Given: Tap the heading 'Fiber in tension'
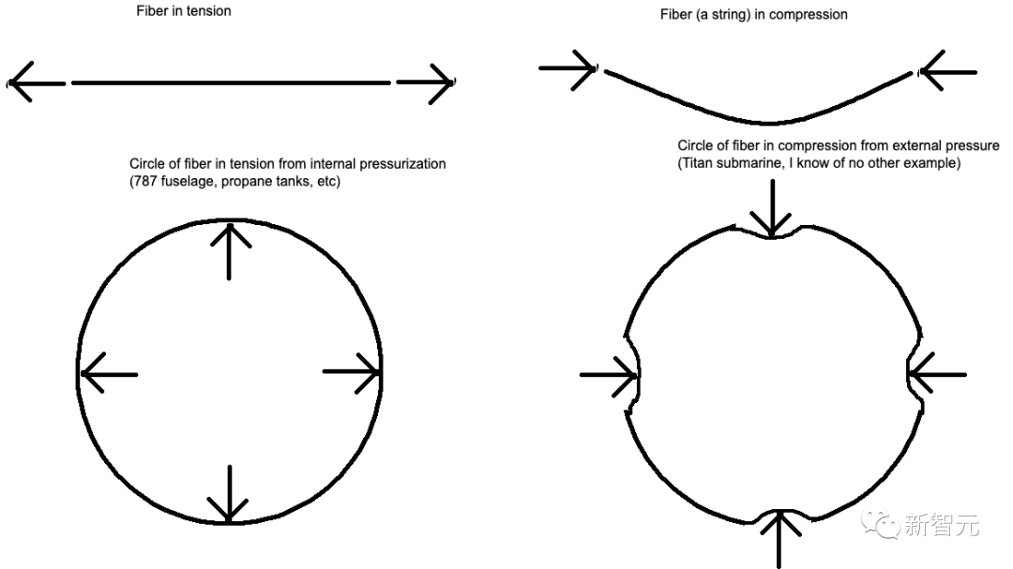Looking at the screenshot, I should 184,11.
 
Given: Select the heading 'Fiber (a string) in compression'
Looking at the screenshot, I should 753,14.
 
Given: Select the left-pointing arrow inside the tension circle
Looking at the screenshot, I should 107,374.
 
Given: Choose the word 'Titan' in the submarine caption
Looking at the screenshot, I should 700,164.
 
